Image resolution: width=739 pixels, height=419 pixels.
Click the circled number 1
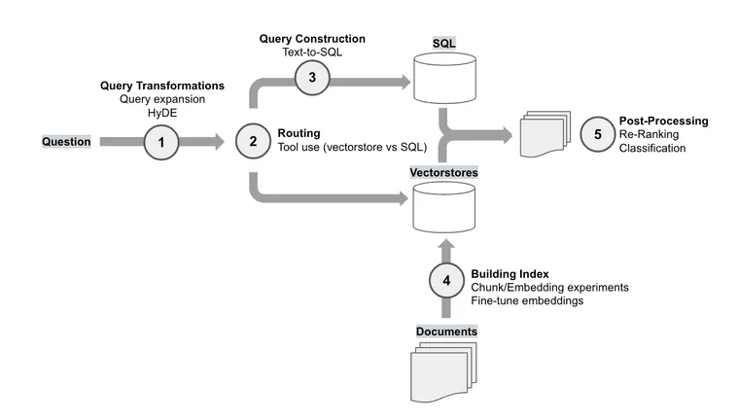click(162, 142)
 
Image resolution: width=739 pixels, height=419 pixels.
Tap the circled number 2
click(254, 142)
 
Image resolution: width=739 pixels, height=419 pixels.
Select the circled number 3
click(311, 77)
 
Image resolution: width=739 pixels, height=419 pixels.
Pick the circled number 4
click(447, 281)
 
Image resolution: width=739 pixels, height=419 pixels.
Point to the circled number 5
click(598, 135)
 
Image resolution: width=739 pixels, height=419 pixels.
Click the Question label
click(66, 142)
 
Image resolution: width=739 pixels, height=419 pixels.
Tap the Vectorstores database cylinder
click(442, 207)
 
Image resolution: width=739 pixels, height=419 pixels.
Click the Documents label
click(446, 332)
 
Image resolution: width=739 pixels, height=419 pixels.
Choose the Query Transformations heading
click(162, 86)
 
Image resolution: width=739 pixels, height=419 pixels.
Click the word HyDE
click(162, 113)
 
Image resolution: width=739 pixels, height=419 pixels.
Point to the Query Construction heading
click(312, 39)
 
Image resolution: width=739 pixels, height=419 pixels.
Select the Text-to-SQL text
click(312, 52)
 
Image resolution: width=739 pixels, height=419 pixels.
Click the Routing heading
click(299, 132)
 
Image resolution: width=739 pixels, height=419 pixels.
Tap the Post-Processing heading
click(663, 122)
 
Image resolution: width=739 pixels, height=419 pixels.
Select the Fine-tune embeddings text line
click(528, 301)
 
